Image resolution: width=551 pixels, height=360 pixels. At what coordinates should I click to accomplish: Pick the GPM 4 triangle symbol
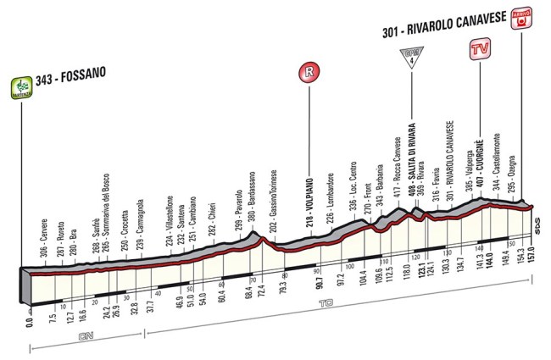pos(407,59)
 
